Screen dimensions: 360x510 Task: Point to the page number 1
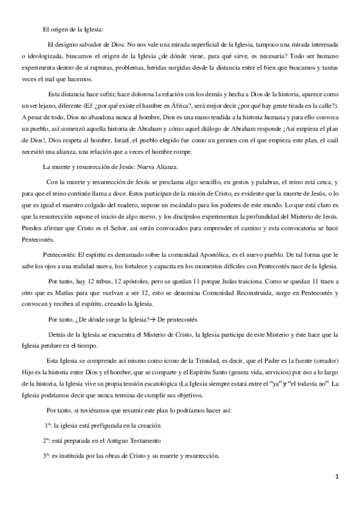[337, 477]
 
